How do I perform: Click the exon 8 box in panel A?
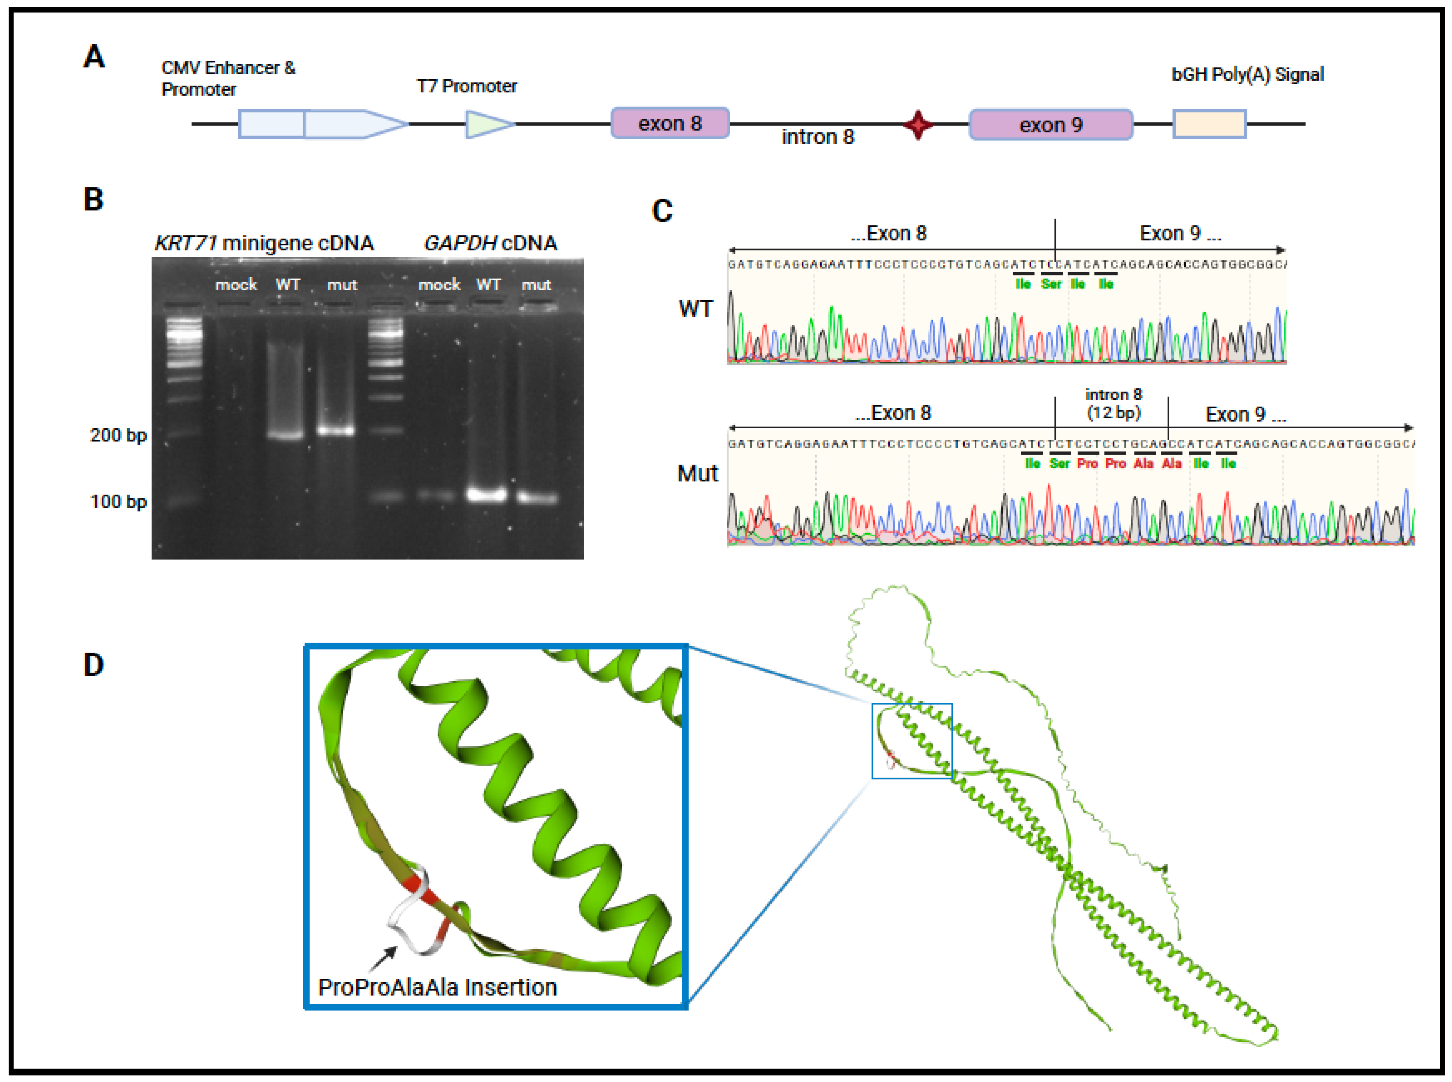click(669, 123)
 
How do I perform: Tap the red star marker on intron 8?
click(918, 125)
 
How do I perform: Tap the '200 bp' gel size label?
click(118, 435)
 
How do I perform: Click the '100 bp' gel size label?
click(118, 502)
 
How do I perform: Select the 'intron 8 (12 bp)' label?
click(1113, 403)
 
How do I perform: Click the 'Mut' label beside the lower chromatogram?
click(698, 473)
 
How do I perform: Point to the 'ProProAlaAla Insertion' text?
click(437, 986)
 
